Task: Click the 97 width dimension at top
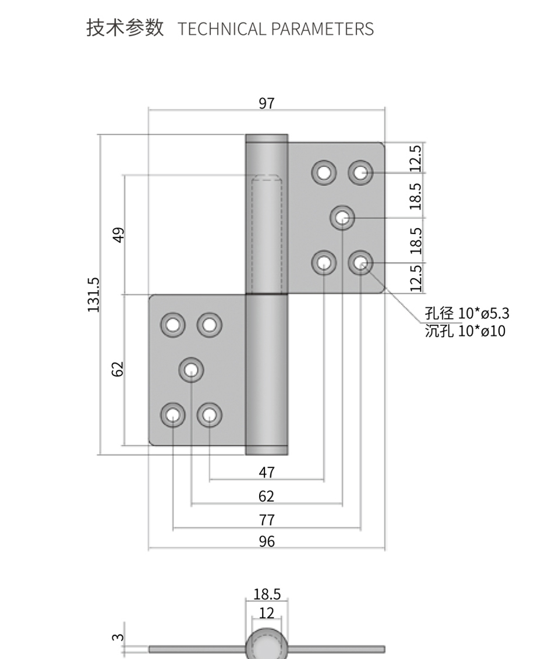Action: (267, 104)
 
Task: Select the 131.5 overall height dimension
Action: (94, 295)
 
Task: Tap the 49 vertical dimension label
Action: (119, 235)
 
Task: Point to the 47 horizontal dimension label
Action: (267, 472)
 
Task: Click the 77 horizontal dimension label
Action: (267, 520)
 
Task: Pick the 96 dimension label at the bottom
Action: (267, 541)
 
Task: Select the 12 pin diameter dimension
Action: (267, 613)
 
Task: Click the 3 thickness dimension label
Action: (118, 637)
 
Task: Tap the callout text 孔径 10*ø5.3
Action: (467, 313)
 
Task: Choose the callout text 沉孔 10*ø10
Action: (465, 331)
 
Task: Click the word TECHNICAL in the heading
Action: (221, 29)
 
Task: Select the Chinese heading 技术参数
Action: (125, 28)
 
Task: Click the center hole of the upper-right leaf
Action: (342, 218)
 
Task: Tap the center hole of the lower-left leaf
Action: (191, 370)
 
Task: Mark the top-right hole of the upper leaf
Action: (360, 172)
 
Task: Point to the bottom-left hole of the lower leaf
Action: (173, 415)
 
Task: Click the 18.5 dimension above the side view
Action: (267, 594)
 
